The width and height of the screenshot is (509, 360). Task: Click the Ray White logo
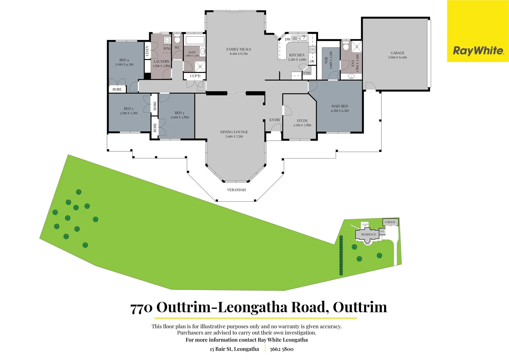pos(478,51)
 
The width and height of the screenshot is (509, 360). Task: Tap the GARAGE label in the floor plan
pos(397,53)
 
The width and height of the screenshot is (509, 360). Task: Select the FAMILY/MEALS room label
pos(239,49)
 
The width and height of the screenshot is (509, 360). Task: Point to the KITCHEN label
pos(297,55)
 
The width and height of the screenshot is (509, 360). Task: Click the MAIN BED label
pos(339,106)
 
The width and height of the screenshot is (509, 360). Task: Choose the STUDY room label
pos(302,121)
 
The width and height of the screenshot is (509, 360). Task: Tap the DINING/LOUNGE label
pos(234,132)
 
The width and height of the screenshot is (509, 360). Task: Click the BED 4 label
pos(124,60)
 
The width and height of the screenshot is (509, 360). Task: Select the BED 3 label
pos(129,109)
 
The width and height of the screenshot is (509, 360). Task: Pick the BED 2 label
pos(180,113)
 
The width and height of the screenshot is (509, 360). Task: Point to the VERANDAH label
pos(237,190)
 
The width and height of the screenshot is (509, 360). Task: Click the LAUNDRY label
pos(162,61)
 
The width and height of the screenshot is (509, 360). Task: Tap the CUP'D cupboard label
pos(195,76)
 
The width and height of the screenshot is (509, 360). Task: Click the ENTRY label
pos(275,120)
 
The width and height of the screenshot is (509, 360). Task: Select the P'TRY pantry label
pos(307,73)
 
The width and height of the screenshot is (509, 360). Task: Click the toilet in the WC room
pos(177,39)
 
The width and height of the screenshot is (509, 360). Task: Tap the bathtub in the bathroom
pos(195,41)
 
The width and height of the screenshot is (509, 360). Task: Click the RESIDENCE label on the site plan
pos(368,235)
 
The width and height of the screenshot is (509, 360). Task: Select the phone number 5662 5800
pos(281,349)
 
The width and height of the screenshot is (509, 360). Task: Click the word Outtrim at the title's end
pos(360,307)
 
